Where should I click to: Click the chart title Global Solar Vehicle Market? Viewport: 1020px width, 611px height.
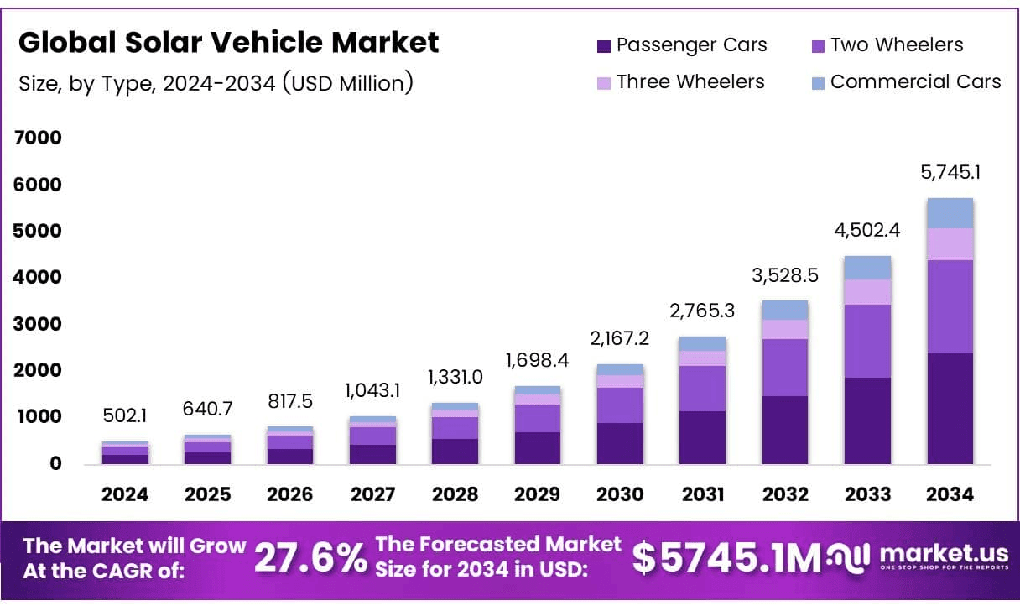(228, 43)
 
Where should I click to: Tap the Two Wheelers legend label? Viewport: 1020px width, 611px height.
(897, 45)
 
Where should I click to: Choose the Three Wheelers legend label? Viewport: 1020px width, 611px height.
(690, 81)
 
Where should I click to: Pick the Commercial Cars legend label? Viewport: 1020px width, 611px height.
(915, 81)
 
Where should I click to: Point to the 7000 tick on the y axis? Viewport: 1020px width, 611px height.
(39, 138)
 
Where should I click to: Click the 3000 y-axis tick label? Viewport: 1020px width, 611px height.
(39, 324)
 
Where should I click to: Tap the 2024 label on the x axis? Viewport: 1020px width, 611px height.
(125, 494)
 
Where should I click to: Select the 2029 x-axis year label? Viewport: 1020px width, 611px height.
(538, 494)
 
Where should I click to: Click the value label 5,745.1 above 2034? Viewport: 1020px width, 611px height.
(950, 173)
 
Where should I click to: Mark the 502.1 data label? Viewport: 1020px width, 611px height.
(125, 416)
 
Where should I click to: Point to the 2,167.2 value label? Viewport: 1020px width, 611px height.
(620, 338)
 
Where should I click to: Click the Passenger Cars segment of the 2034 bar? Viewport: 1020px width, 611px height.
(950, 409)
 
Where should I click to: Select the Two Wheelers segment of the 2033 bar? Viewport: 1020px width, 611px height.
(867, 341)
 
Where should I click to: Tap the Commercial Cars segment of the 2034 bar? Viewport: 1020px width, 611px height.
(950, 213)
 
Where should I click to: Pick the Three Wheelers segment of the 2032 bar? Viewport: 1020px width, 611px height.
(784, 329)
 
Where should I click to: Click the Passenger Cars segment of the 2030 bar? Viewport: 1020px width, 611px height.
(620, 443)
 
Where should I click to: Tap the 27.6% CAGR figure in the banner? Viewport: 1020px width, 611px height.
(310, 557)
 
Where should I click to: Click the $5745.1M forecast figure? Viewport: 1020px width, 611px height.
(726, 558)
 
